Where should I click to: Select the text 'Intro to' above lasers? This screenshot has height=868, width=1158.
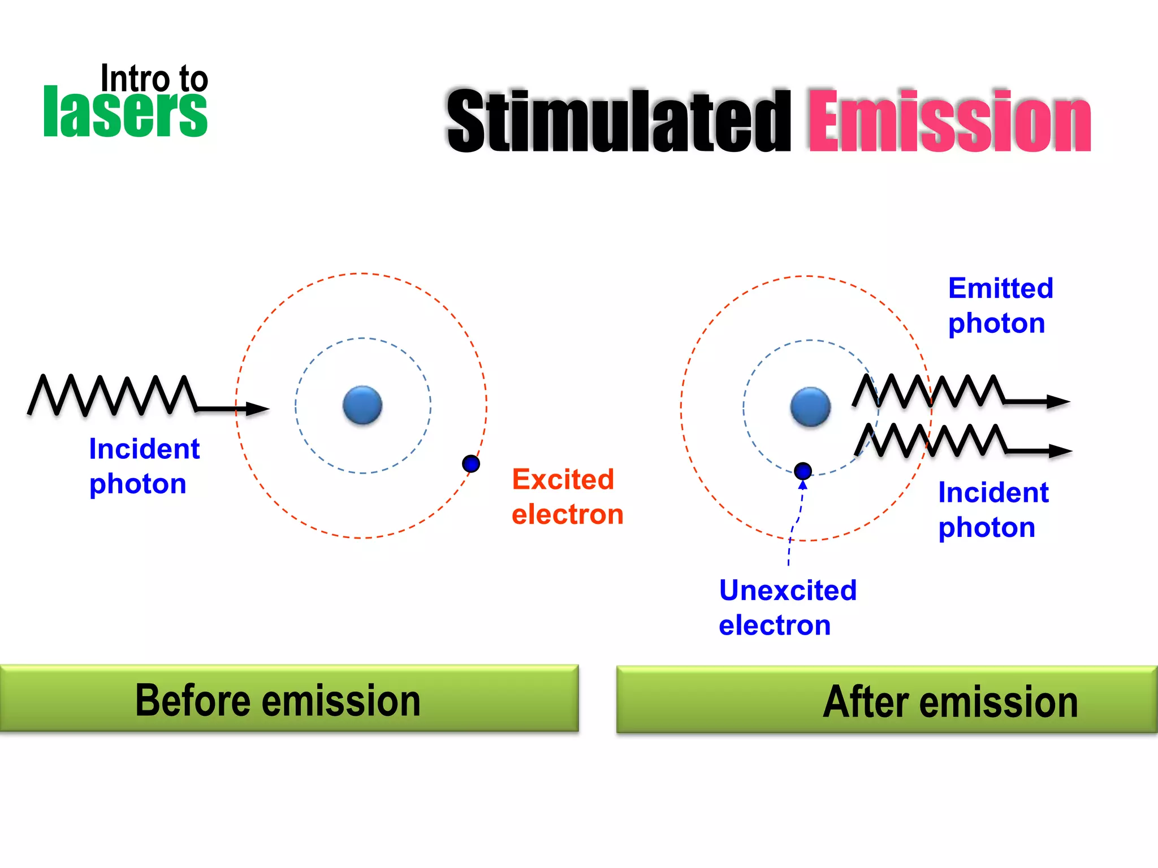click(x=154, y=79)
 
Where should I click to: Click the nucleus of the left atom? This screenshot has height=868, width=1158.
click(x=362, y=405)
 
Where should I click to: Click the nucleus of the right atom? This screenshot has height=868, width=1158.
click(x=810, y=407)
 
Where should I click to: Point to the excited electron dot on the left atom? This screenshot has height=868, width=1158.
click(x=471, y=464)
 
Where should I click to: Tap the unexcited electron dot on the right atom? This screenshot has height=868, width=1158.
click(x=803, y=471)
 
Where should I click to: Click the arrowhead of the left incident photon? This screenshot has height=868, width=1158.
click(x=257, y=409)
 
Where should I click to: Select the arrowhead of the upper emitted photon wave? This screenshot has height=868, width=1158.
click(x=1057, y=402)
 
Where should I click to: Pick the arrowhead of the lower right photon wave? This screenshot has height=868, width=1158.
click(x=1060, y=451)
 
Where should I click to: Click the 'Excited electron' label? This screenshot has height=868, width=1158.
click(x=567, y=497)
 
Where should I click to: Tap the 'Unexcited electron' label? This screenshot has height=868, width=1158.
click(x=787, y=607)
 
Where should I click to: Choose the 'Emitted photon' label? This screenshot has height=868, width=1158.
click(x=1000, y=306)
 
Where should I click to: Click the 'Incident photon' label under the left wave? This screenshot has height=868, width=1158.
click(x=144, y=466)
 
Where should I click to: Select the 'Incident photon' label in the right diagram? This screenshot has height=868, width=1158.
click(x=993, y=510)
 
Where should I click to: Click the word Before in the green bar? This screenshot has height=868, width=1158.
click(x=192, y=700)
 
